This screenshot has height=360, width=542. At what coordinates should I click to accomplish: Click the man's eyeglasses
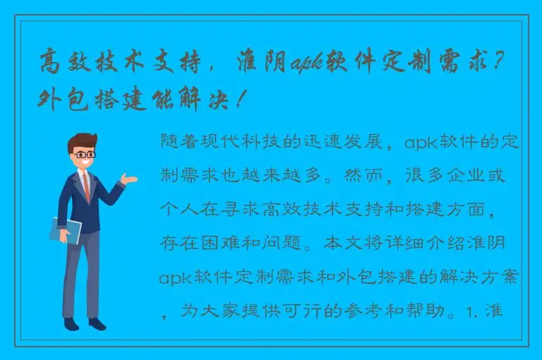coord(84,153)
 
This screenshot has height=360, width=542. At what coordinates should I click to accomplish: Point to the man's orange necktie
coord(86,185)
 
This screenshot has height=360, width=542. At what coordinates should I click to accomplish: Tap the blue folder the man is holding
coord(65,230)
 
